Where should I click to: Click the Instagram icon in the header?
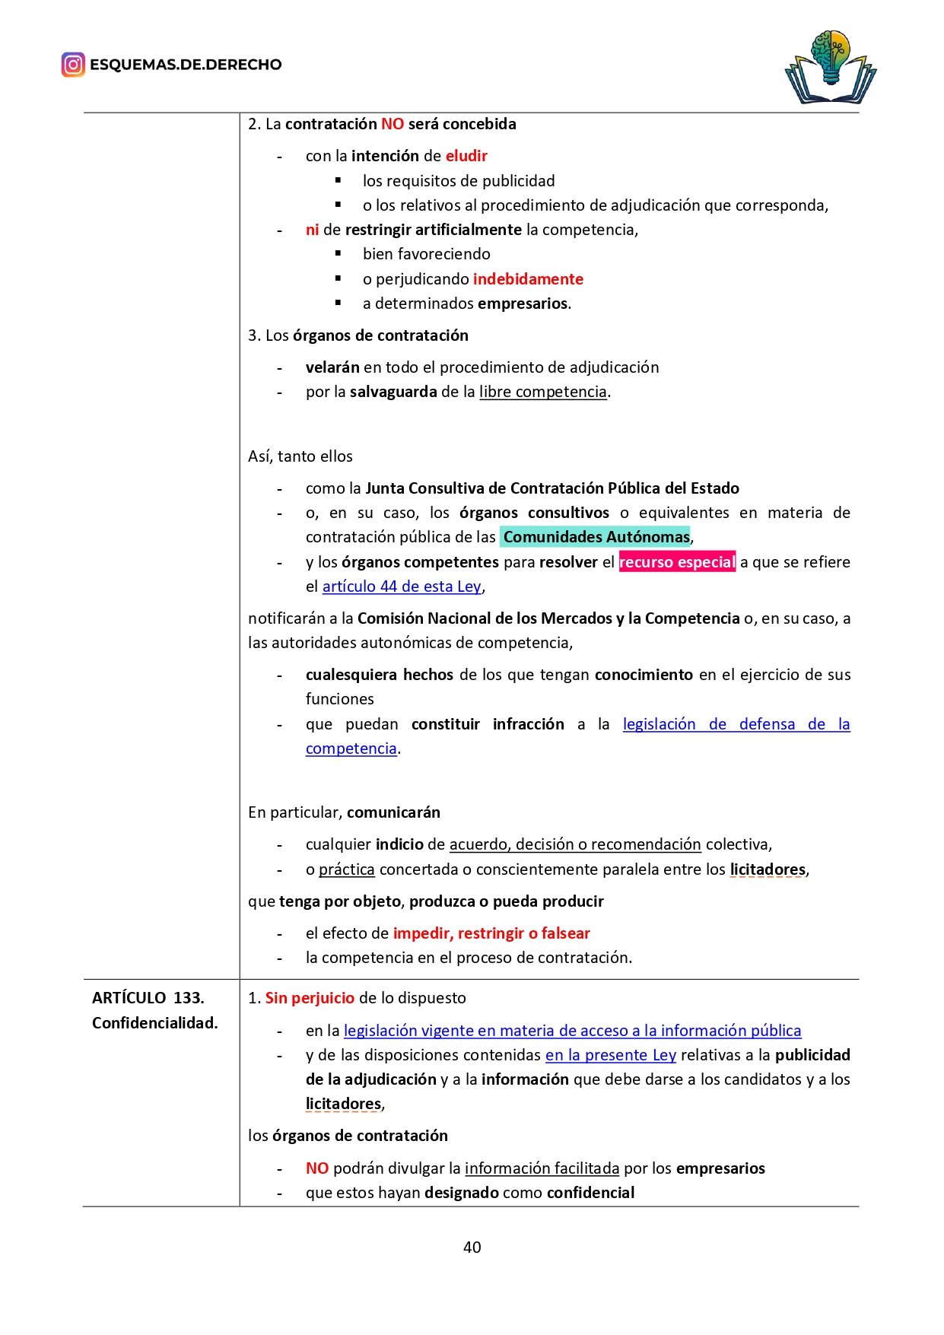(73, 65)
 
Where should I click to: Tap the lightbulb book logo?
(830, 67)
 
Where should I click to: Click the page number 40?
(472, 1247)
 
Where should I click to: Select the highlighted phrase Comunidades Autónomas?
(596, 537)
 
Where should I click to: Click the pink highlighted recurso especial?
(677, 562)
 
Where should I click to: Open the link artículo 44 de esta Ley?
(402, 586)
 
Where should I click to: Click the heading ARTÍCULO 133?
(148, 998)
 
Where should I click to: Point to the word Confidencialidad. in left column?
(154, 1023)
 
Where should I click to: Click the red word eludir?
(466, 156)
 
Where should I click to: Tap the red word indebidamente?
(528, 279)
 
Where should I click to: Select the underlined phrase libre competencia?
(543, 392)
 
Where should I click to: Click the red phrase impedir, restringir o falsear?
(491, 933)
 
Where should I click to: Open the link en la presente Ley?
(611, 1055)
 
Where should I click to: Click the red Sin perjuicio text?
(310, 998)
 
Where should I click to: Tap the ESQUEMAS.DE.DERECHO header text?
(186, 65)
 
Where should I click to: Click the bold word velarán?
(332, 367)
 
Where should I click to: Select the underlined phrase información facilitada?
(542, 1168)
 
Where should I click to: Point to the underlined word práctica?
(347, 869)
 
